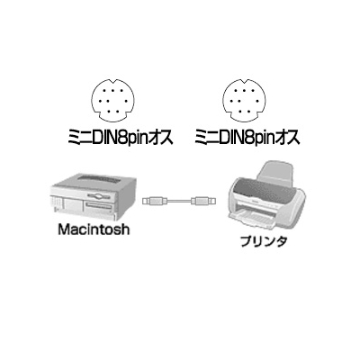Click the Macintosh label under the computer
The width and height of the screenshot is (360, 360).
[94, 229]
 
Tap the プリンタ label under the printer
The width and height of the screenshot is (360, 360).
[263, 241]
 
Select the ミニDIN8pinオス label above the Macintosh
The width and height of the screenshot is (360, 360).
[121, 139]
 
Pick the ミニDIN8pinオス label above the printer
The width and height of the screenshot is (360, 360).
[247, 139]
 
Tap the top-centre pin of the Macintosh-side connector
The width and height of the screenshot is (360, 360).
[113, 90]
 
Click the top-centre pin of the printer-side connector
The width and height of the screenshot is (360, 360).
[245, 90]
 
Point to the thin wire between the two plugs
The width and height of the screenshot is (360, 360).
[178, 201]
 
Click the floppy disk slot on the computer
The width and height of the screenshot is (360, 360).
[101, 197]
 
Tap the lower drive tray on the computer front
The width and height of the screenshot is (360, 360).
[99, 206]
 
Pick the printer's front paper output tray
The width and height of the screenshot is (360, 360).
[255, 219]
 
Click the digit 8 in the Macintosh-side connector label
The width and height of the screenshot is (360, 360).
[124, 139]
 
